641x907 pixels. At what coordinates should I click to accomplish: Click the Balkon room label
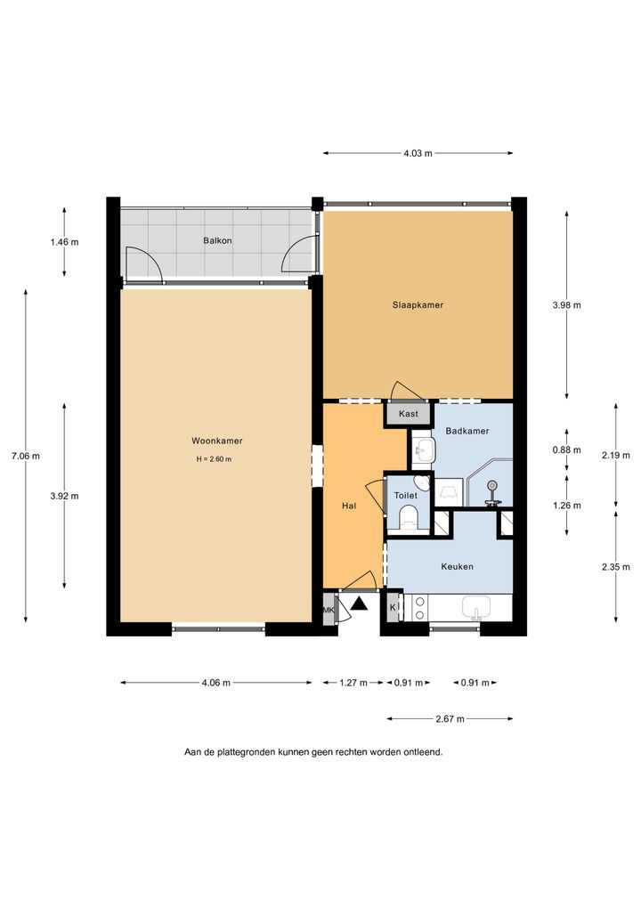[x=217, y=240]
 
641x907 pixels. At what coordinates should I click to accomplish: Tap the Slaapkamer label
[x=418, y=304]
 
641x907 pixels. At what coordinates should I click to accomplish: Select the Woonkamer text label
[x=217, y=441]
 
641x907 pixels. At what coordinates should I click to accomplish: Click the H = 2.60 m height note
[x=214, y=459]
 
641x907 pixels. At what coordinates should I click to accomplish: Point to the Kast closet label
[x=409, y=414]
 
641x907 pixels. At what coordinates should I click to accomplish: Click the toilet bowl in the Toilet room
[x=409, y=516]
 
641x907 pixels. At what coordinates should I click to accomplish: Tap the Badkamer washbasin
[x=424, y=449]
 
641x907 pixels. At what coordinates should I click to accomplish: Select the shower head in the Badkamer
[x=491, y=485]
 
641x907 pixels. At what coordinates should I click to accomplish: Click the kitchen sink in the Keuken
[x=476, y=608]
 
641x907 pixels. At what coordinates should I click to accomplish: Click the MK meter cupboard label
[x=329, y=610]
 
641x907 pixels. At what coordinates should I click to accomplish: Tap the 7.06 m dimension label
[x=26, y=456]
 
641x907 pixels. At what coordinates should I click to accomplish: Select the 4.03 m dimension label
[x=418, y=153]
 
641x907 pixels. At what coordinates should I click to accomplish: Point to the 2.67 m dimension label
[x=450, y=719]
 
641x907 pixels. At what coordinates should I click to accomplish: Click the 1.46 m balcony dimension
[x=64, y=242]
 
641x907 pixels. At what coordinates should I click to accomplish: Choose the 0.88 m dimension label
[x=566, y=449]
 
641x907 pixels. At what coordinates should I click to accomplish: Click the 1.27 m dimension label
[x=353, y=683]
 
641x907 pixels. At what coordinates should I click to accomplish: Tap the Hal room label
[x=349, y=506]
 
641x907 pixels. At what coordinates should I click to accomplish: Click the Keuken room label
[x=457, y=566]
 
